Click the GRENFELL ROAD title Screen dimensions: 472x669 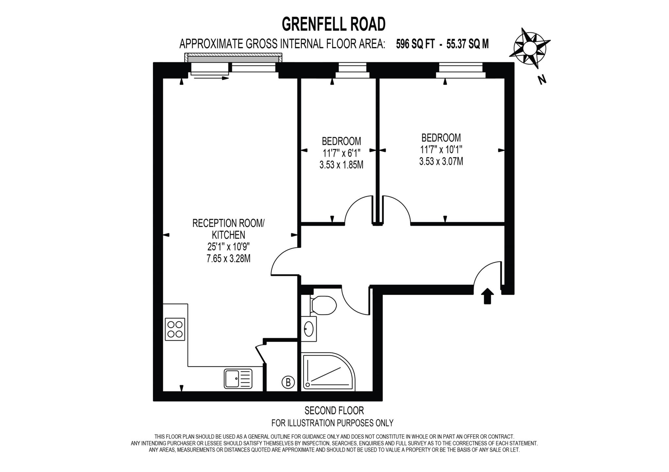334,24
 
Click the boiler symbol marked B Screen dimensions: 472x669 288,382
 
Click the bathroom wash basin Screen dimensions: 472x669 309,329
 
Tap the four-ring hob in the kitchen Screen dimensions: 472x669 175,329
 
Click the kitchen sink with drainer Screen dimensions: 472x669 238,378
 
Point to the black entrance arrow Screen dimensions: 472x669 487,296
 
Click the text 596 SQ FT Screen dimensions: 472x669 415,44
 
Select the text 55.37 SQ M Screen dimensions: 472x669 467,44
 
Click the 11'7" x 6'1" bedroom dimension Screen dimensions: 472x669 341,153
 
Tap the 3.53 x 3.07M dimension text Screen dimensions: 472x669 441,161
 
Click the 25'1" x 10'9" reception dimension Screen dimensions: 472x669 228,247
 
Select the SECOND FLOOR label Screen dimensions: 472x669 334,410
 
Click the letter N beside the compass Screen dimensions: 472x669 542,80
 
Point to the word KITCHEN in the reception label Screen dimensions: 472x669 228,235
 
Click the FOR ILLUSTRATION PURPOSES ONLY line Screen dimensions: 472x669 332,423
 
